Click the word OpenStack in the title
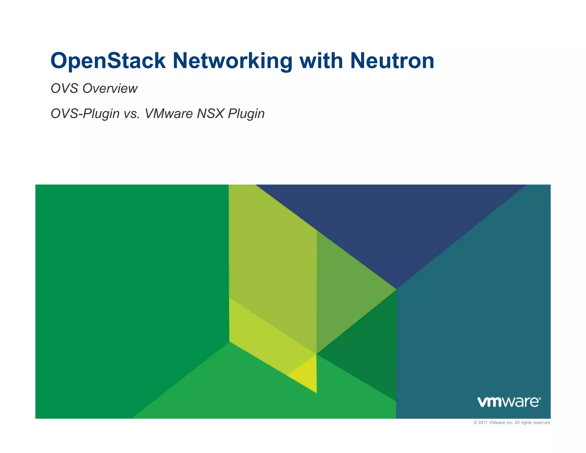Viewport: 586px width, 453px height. pos(108,61)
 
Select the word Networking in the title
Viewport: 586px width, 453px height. pos(232,61)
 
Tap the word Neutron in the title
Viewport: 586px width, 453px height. pos(392,61)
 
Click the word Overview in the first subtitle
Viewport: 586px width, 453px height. pos(110,88)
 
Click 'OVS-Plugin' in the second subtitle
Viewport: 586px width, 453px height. pos(85,114)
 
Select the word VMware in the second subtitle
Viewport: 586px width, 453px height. pos(169,114)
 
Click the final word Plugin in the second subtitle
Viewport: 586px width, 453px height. pos(246,114)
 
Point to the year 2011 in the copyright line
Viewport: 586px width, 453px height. pos(483,423)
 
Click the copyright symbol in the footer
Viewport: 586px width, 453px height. pos(475,423)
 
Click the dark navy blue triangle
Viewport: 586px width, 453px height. pos(392,223)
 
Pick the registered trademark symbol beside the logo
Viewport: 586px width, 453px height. pos(540,398)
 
